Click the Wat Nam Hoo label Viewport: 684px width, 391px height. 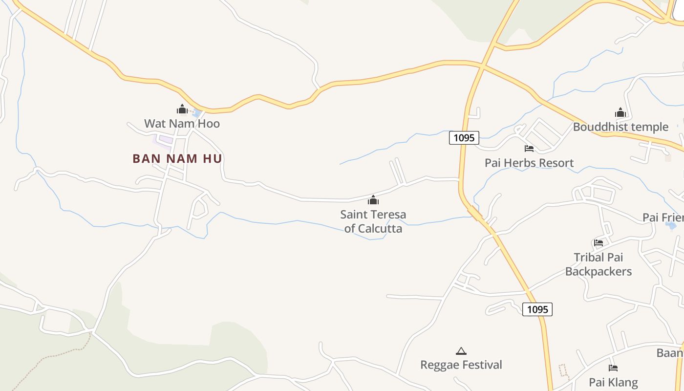coord(182,124)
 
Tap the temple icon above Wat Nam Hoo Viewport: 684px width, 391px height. coord(182,109)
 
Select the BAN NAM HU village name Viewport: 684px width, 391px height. coord(177,158)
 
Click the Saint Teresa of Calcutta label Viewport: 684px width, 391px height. coord(373,221)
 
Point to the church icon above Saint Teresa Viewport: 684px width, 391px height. coord(373,200)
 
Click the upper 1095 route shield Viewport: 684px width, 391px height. coord(464,138)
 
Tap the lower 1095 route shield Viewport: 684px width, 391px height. coord(537,309)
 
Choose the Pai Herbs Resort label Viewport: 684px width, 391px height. coord(529,163)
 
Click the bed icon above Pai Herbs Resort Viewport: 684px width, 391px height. coord(529,148)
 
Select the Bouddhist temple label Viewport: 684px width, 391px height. coord(620,127)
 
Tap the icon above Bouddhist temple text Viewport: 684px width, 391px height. coord(620,112)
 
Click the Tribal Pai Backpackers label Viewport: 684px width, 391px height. coord(598,264)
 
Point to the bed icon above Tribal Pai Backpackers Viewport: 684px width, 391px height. coord(598,242)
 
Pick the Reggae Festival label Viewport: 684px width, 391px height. coord(461,365)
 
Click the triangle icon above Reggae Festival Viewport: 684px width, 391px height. coord(461,351)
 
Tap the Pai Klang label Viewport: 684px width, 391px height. coord(613,382)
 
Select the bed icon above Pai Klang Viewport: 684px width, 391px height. coord(613,368)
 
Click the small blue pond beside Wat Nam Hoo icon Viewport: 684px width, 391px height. coord(197,113)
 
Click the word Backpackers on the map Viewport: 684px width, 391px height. coord(598,271)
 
